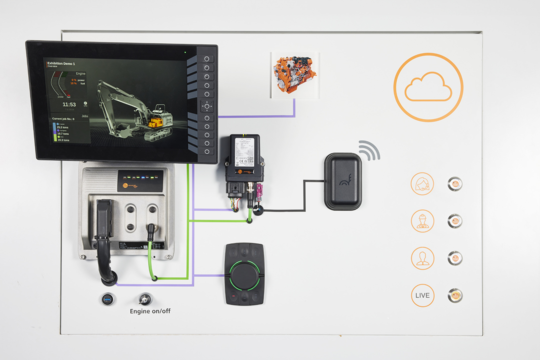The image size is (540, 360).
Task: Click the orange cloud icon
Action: click(428, 87)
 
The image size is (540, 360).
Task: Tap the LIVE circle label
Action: click(422, 295)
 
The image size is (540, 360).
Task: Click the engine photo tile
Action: click(293, 75)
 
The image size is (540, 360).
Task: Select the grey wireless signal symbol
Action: click(369, 150)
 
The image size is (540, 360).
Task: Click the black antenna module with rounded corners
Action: click(343, 181)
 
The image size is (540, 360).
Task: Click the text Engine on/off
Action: click(150, 311)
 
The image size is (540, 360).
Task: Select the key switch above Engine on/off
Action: click(145, 299)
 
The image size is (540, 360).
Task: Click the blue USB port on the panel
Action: click(107, 299)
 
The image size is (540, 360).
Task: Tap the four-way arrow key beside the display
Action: click(206, 106)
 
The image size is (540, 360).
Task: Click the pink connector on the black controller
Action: click(259, 191)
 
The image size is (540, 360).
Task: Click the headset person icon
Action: click(422, 183)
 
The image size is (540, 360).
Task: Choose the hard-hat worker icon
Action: click(422, 220)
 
